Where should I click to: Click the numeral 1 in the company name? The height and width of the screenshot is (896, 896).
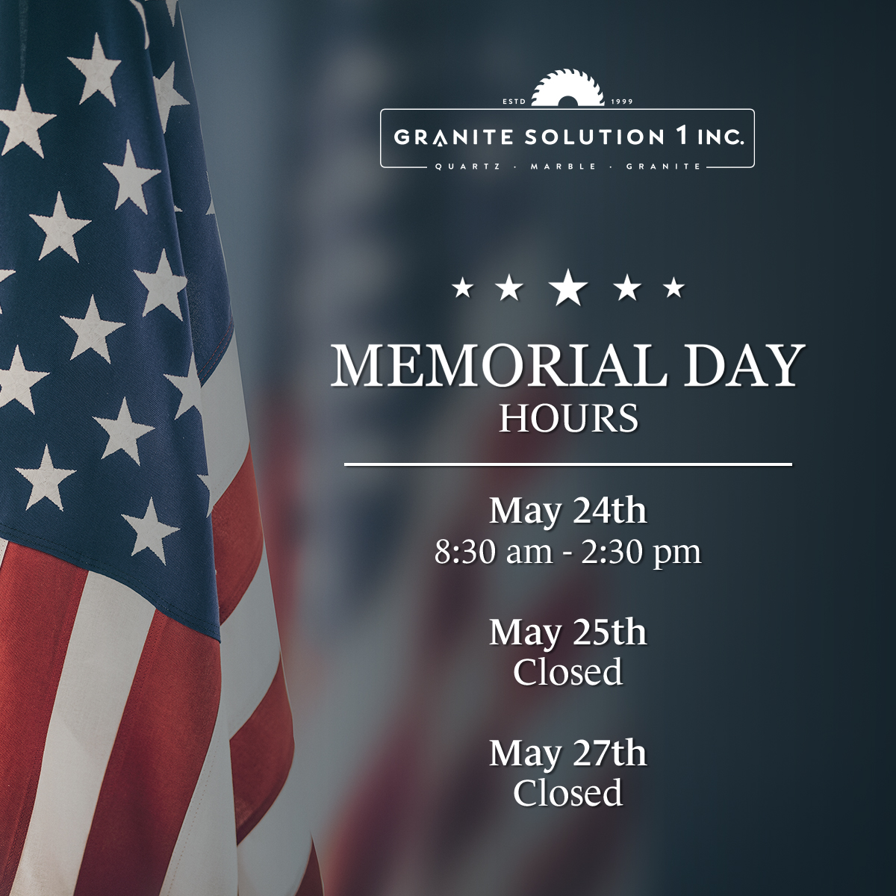click(x=680, y=136)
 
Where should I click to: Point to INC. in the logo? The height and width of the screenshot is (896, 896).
click(x=721, y=137)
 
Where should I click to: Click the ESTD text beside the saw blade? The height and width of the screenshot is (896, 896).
click(x=514, y=102)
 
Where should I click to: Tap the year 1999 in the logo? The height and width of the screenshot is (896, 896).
click(x=622, y=102)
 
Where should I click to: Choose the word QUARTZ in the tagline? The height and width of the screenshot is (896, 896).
click(x=467, y=167)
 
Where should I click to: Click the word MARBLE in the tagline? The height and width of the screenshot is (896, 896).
click(x=564, y=167)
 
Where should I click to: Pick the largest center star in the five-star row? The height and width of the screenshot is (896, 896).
click(x=568, y=287)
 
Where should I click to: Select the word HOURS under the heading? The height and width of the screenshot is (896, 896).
click(x=568, y=418)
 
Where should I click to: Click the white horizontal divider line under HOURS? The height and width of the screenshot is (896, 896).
click(x=568, y=464)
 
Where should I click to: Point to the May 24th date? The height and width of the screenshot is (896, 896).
click(x=567, y=512)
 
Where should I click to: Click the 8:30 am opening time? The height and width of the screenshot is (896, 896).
click(x=494, y=553)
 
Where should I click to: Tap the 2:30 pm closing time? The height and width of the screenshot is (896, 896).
click(x=641, y=553)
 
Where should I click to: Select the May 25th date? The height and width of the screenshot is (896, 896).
click(x=567, y=634)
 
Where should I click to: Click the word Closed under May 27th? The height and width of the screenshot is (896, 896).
click(x=567, y=793)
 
